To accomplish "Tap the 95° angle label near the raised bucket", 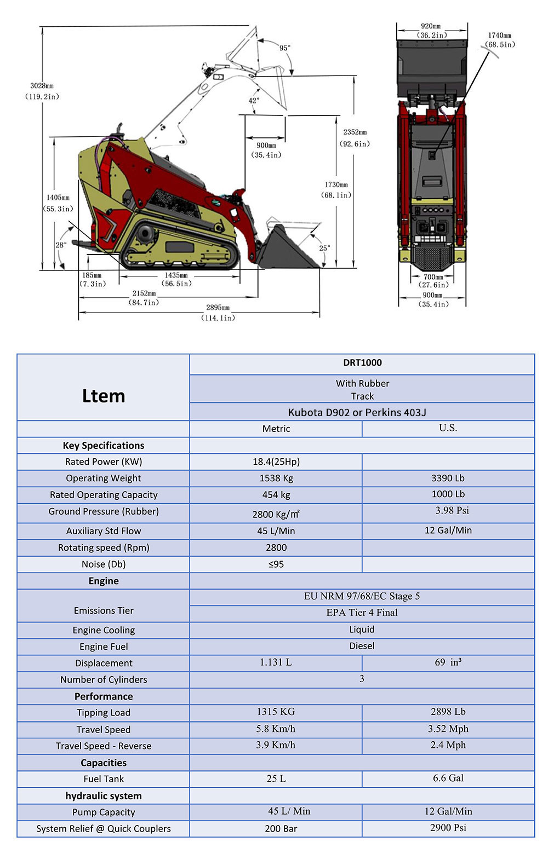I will [x=285, y=48].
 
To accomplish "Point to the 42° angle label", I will [x=254, y=101].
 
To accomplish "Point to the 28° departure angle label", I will [x=61, y=245].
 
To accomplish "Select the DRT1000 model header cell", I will [x=362, y=363].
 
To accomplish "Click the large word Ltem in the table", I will [x=104, y=396].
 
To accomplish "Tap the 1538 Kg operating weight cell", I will [x=276, y=478].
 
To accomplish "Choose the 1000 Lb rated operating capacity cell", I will [x=448, y=494].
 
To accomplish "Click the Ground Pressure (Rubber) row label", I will [x=104, y=511].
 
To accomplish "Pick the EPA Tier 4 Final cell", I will [x=362, y=613].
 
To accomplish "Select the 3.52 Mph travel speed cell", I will [x=448, y=729].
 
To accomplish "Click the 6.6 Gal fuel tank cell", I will [x=448, y=778].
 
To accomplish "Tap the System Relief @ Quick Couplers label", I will [x=104, y=828].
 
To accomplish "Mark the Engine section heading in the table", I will [x=104, y=581].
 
